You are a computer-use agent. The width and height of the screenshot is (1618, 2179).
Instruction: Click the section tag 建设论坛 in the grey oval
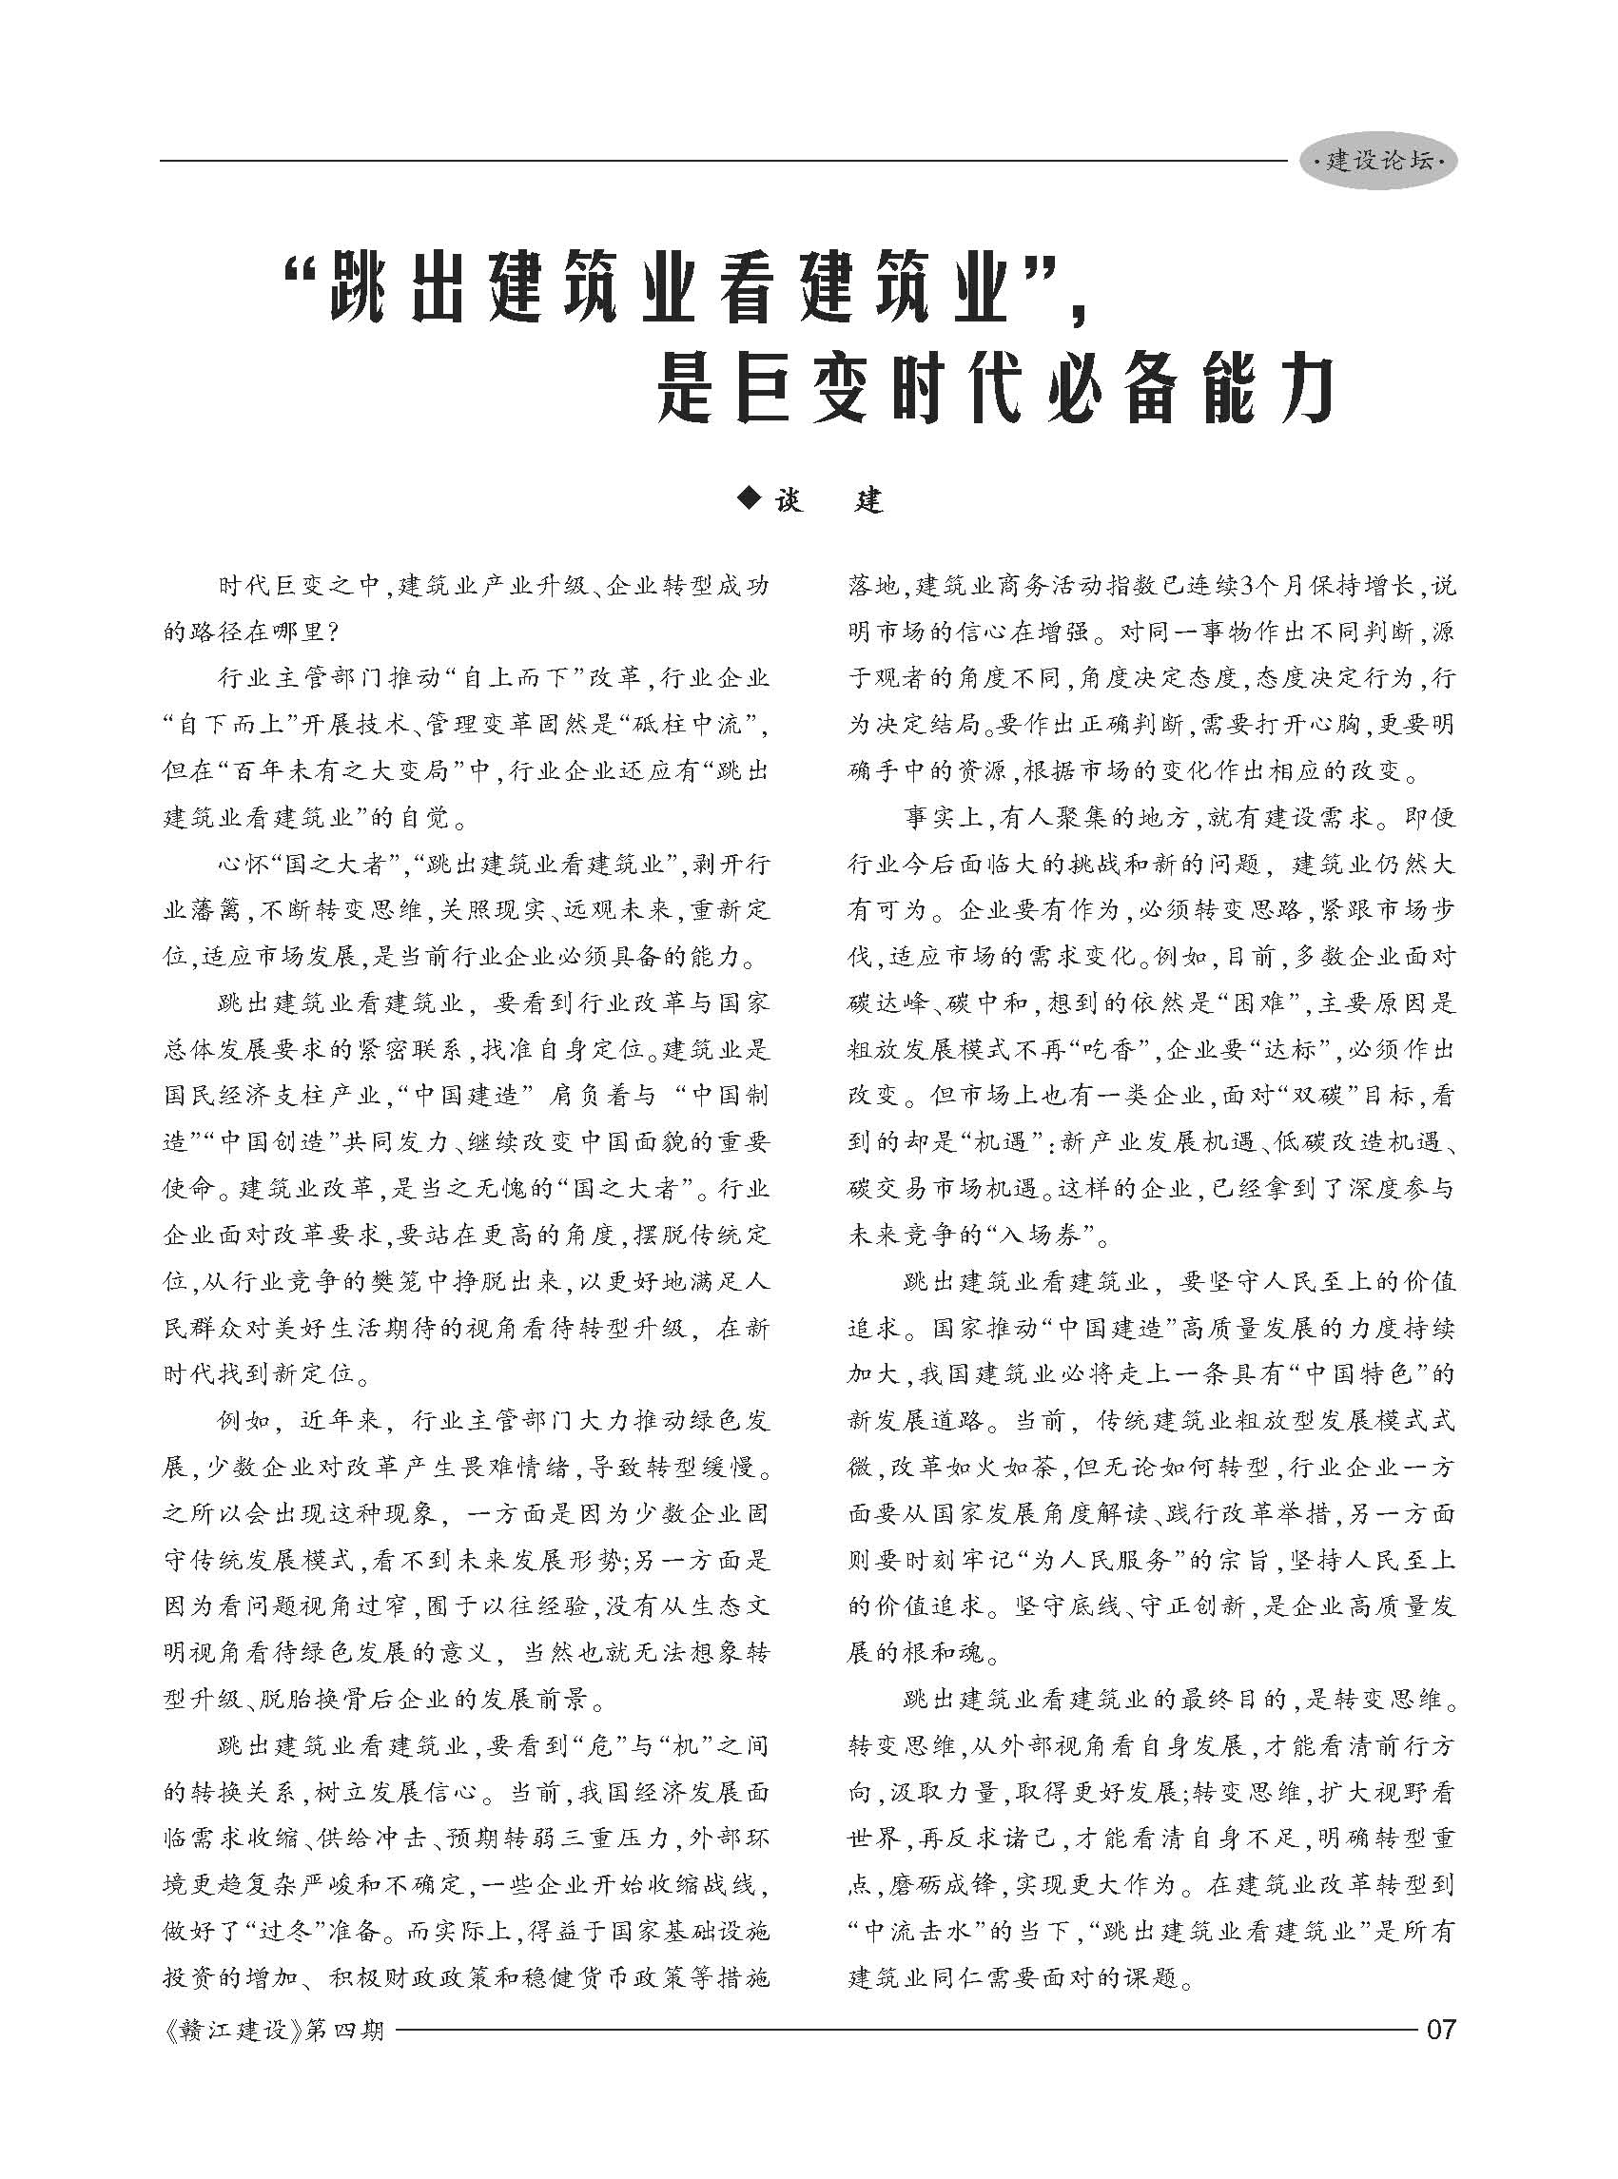[x=1378, y=162]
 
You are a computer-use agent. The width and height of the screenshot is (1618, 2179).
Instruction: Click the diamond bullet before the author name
[x=750, y=499]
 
